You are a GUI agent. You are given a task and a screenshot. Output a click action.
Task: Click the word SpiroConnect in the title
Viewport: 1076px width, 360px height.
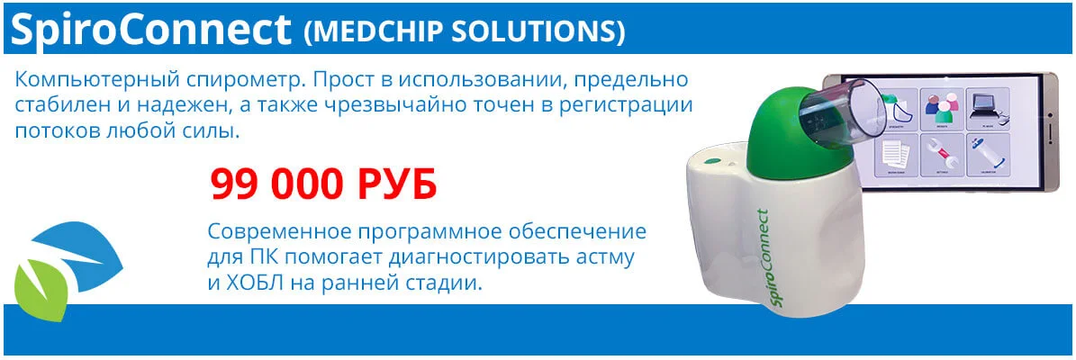tap(151, 31)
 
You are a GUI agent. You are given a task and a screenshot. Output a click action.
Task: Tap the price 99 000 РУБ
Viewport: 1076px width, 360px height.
tap(323, 184)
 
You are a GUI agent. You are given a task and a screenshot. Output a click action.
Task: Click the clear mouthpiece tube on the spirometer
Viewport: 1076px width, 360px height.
tap(836, 112)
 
